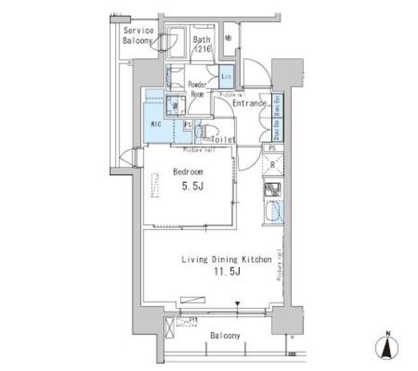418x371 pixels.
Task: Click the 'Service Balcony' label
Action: [138, 35]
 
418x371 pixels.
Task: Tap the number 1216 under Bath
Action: [201, 50]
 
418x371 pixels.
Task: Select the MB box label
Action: [228, 38]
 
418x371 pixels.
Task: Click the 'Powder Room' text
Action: [197, 89]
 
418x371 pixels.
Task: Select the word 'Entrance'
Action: [249, 103]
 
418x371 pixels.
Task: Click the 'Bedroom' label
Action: [187, 171]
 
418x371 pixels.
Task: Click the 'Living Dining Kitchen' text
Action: [226, 260]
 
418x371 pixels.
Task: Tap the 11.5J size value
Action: [226, 272]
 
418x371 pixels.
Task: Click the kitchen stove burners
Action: [272, 190]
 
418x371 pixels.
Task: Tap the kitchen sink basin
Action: [273, 212]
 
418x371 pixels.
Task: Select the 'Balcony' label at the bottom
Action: [225, 336]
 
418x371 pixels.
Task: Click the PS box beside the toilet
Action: [188, 125]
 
